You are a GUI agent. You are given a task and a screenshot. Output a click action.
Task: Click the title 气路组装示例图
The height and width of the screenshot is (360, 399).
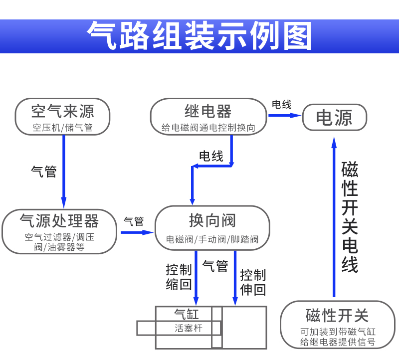point(199,35)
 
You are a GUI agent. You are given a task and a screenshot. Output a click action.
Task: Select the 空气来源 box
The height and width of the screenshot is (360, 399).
point(63,117)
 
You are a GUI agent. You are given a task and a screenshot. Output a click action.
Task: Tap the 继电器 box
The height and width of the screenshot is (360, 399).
point(208,117)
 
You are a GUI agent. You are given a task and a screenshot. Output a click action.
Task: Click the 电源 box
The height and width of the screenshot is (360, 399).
point(334,117)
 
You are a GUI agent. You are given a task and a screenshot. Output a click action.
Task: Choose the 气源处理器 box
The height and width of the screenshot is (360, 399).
point(59,231)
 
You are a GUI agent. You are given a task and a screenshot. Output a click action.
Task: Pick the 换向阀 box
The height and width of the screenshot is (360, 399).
point(212,228)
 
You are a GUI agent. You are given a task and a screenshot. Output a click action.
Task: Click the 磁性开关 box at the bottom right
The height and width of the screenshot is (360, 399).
point(338,325)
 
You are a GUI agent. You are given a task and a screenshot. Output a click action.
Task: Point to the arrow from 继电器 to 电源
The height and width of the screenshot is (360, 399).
point(285,116)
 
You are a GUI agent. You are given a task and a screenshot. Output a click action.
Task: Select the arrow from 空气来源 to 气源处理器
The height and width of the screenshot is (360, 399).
point(64,172)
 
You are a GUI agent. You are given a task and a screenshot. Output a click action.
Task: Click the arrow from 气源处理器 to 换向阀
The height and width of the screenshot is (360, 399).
point(137,232)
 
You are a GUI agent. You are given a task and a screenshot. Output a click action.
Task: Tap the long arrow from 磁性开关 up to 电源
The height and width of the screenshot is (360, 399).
point(334,217)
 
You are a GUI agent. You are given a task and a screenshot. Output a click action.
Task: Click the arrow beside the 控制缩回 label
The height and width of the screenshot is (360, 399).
point(196,278)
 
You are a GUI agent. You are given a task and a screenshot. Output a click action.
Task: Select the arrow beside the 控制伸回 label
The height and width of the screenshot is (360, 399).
point(235,278)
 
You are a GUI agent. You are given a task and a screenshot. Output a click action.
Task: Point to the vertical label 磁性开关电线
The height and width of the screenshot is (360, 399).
point(350,217)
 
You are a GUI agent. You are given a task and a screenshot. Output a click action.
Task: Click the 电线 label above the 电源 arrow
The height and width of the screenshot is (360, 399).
point(281,104)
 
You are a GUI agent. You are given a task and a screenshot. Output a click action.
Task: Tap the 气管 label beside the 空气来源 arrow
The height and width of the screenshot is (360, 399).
point(44,172)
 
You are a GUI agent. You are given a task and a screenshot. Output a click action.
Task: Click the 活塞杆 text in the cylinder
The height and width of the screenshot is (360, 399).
point(189,328)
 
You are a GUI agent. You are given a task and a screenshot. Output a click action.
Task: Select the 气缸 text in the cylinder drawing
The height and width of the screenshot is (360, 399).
point(187,314)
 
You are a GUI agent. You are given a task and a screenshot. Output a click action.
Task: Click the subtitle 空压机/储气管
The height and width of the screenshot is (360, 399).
point(63,128)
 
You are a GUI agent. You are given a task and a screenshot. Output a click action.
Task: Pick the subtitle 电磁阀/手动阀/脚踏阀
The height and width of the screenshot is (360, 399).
point(212,239)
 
